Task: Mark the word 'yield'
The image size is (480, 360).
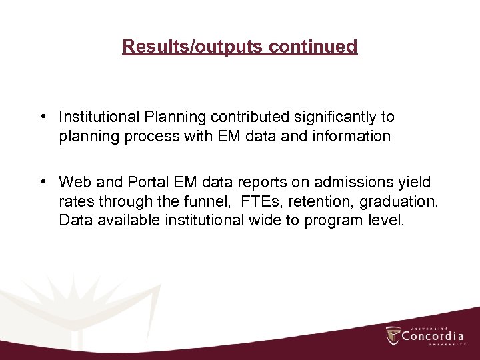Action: [414, 182]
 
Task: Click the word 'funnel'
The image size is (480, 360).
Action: [204, 201]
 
